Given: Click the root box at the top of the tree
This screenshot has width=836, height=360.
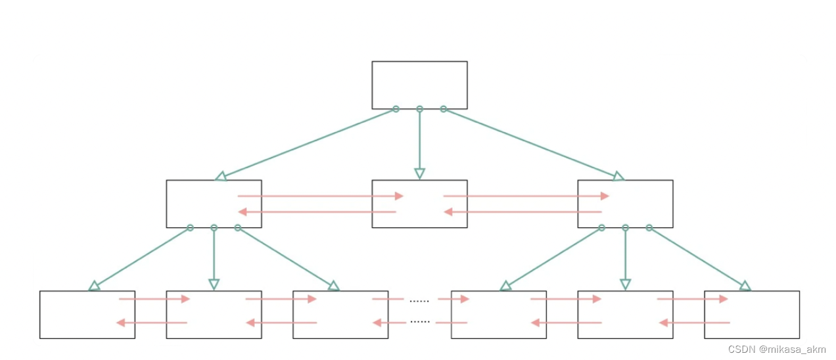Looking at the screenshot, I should coord(419,85).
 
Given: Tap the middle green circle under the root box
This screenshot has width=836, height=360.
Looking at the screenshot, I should coord(419,109).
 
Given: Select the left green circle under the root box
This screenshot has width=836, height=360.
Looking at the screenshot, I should coord(396,109).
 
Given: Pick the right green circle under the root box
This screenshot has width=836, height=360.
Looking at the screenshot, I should coord(443,109).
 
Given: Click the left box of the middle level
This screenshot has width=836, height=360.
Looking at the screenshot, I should coord(214,204).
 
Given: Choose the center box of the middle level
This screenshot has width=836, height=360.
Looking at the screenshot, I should coord(419,204).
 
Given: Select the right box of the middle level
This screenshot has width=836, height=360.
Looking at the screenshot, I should coord(625,204).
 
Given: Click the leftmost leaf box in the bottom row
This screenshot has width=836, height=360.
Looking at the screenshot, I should coord(87,315).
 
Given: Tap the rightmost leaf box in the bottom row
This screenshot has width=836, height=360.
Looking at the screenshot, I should coord(752,315).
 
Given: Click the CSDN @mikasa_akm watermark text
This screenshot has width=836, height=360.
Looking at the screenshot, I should coord(777,349).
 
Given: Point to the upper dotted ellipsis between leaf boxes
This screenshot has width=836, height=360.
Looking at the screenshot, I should coord(419,301).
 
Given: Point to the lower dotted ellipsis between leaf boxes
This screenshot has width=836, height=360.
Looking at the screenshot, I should coord(419,322).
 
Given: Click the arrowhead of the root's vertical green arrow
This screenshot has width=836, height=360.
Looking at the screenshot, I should coord(419,174).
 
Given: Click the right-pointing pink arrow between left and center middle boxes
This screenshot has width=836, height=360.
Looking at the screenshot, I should coord(320,196).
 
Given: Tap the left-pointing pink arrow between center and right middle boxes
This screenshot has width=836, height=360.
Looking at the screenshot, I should coord(523,212).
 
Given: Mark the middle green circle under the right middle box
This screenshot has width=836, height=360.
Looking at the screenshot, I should coord(625,228).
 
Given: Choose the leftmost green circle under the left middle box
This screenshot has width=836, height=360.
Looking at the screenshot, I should coord(190,228).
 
